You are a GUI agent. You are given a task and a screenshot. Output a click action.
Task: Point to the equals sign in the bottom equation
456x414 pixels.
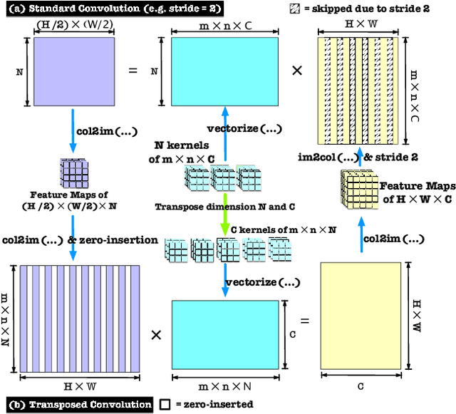[304, 321]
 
